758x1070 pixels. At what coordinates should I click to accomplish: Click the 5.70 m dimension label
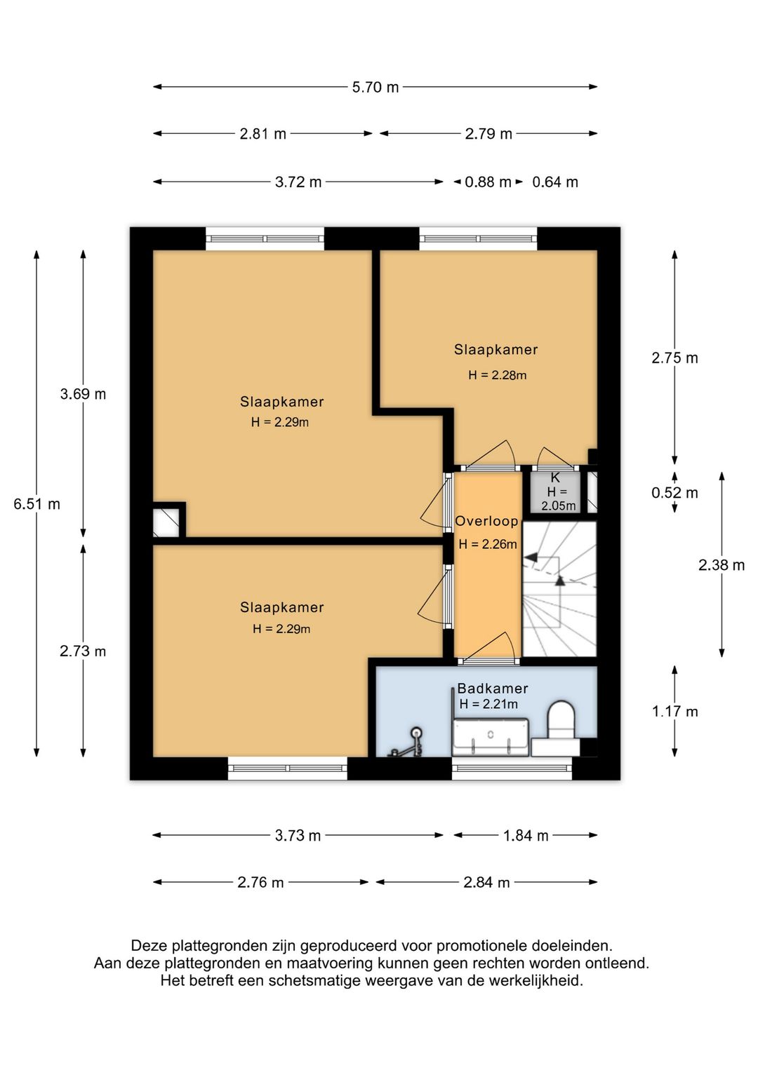(x=375, y=88)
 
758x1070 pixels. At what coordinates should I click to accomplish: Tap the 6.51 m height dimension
(x=36, y=504)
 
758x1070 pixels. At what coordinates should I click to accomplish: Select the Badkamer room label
(x=493, y=689)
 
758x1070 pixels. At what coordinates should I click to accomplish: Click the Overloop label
(x=486, y=521)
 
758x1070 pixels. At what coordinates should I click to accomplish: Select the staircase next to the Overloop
(x=559, y=589)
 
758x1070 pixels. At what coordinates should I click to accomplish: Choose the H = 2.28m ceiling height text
(x=498, y=375)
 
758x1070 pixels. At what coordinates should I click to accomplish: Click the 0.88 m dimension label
(x=488, y=182)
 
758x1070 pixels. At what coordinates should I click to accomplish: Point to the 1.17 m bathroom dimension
(x=674, y=712)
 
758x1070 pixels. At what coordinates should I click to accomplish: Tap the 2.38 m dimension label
(x=722, y=565)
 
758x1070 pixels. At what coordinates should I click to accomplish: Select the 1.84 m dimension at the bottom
(x=525, y=836)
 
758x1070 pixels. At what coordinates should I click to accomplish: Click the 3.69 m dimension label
(x=83, y=394)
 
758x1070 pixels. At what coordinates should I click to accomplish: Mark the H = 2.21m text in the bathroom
(x=488, y=703)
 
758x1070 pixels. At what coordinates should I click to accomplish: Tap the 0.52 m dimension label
(x=674, y=492)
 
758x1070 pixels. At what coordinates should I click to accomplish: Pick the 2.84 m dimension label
(x=486, y=882)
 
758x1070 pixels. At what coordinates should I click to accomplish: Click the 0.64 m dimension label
(x=555, y=182)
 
